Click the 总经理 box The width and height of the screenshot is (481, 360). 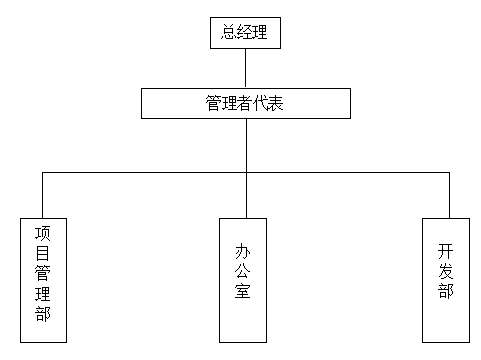pyautogui.click(x=245, y=33)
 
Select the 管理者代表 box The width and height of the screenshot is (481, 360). pyautogui.click(x=245, y=103)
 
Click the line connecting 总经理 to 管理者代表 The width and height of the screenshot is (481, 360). pyautogui.click(x=245, y=68)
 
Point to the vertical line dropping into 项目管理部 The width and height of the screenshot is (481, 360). pyautogui.click(x=43, y=194)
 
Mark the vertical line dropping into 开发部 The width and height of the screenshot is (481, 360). pyautogui.click(x=449, y=194)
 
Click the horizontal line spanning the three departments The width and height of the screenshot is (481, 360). pyautogui.click(x=150, y=172)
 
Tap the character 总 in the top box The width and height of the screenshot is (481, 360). pyautogui.click(x=229, y=33)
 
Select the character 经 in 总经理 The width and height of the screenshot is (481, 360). pyautogui.click(x=245, y=33)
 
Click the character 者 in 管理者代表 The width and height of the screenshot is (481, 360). pyautogui.click(x=245, y=103)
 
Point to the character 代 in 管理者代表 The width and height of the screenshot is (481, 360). pyautogui.click(x=261, y=103)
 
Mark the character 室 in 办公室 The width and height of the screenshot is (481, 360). pyautogui.click(x=245, y=293)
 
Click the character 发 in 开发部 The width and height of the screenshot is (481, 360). pyautogui.click(x=446, y=272)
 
